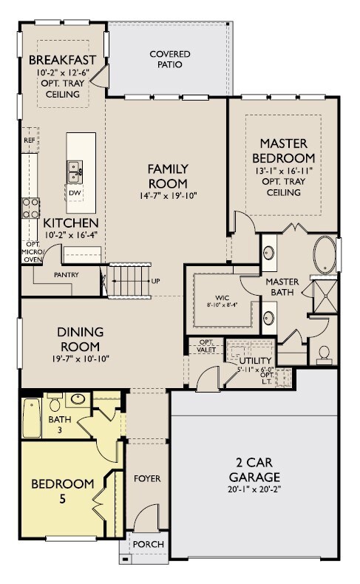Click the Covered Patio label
(x=170, y=59)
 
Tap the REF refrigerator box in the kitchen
(x=30, y=140)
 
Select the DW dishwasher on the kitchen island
(x=75, y=192)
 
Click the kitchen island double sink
(x=75, y=172)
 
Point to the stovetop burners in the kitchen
(x=31, y=208)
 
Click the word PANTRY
(x=67, y=275)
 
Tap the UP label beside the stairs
(x=156, y=281)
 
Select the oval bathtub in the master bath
(x=325, y=255)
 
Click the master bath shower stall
(x=325, y=296)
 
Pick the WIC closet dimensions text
(x=223, y=305)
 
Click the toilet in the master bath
(x=324, y=355)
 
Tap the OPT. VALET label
(x=206, y=346)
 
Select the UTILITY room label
(x=255, y=361)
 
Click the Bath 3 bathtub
(x=31, y=418)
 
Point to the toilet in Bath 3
(x=55, y=401)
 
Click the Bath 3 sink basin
(x=78, y=399)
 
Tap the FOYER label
(x=147, y=478)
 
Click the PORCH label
(x=148, y=544)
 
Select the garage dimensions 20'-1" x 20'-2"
(x=254, y=489)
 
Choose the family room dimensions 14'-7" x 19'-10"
(x=168, y=196)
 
